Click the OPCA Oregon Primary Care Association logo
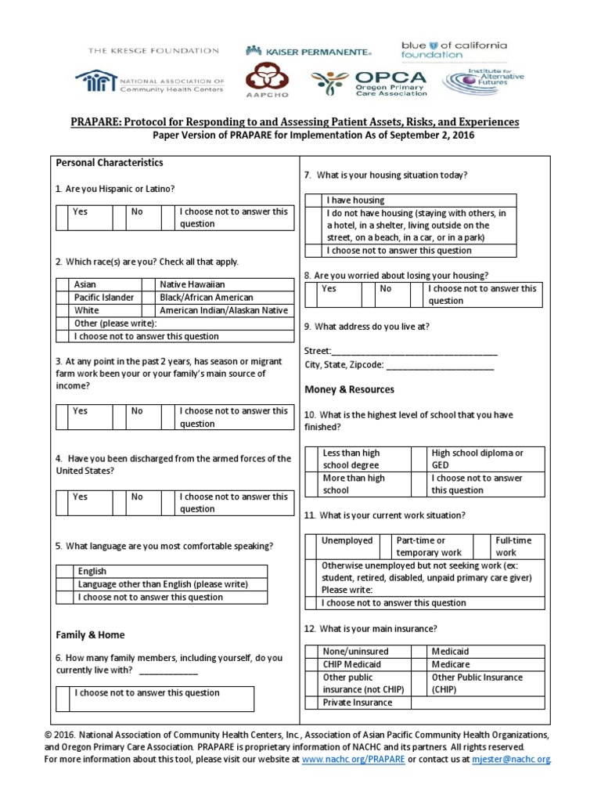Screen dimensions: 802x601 369,82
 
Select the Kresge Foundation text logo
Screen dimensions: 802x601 153,51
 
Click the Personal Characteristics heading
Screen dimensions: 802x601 110,163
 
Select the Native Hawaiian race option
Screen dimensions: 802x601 192,285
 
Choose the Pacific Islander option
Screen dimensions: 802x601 103,298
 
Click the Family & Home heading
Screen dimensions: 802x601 90,635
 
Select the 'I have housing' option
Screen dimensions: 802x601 355,200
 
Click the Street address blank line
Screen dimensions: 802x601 415,352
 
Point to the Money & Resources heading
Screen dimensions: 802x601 349,390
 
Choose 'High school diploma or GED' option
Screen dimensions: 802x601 477,459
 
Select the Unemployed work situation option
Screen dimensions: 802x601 347,541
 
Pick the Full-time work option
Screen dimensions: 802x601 513,547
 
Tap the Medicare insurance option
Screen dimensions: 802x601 451,664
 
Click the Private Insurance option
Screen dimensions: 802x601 357,703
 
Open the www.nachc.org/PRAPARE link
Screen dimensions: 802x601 353,760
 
